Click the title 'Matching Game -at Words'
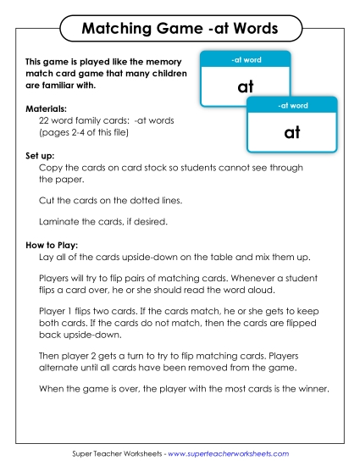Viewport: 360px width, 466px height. pyautogui.click(x=179, y=29)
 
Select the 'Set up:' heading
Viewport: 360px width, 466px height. pyautogui.click(x=42, y=156)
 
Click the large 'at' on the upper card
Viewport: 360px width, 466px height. pyautogui.click(x=246, y=86)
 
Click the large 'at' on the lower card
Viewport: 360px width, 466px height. pyautogui.click(x=292, y=132)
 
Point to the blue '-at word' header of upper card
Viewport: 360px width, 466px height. pyautogui.click(x=246, y=59)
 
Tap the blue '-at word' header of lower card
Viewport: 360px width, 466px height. pyautogui.click(x=292, y=105)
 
